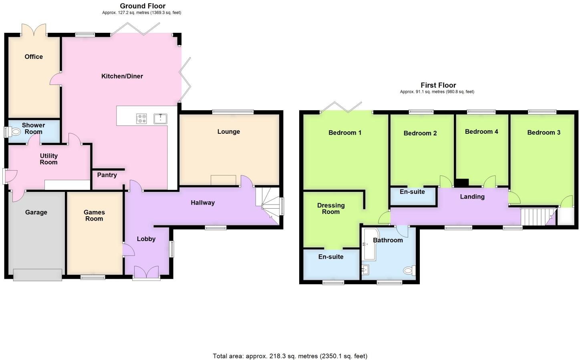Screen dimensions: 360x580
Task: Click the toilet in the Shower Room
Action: click(16, 132)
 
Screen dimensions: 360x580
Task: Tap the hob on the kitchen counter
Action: click(141, 119)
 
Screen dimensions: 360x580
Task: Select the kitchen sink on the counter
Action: click(160, 119)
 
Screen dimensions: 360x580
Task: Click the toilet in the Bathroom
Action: click(409, 271)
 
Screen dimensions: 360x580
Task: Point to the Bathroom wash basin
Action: click(365, 270)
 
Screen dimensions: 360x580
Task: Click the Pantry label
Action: click(107, 175)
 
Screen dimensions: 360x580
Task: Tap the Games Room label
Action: click(94, 215)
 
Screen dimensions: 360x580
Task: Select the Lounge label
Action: click(229, 132)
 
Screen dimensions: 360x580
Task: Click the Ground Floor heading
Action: click(143, 6)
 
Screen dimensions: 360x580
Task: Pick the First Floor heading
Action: click(438, 85)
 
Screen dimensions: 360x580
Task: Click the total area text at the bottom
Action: click(290, 356)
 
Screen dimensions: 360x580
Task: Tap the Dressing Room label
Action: click(331, 209)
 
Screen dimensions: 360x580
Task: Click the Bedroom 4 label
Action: click(481, 132)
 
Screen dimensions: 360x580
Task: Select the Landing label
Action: click(472, 197)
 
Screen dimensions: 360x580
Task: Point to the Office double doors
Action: click(34, 30)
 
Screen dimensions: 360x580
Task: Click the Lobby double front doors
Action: click(146, 273)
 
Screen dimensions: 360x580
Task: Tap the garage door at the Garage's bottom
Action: click(38, 275)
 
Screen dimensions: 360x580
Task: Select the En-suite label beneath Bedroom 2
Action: click(412, 192)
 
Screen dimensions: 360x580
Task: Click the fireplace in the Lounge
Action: click(224, 180)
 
